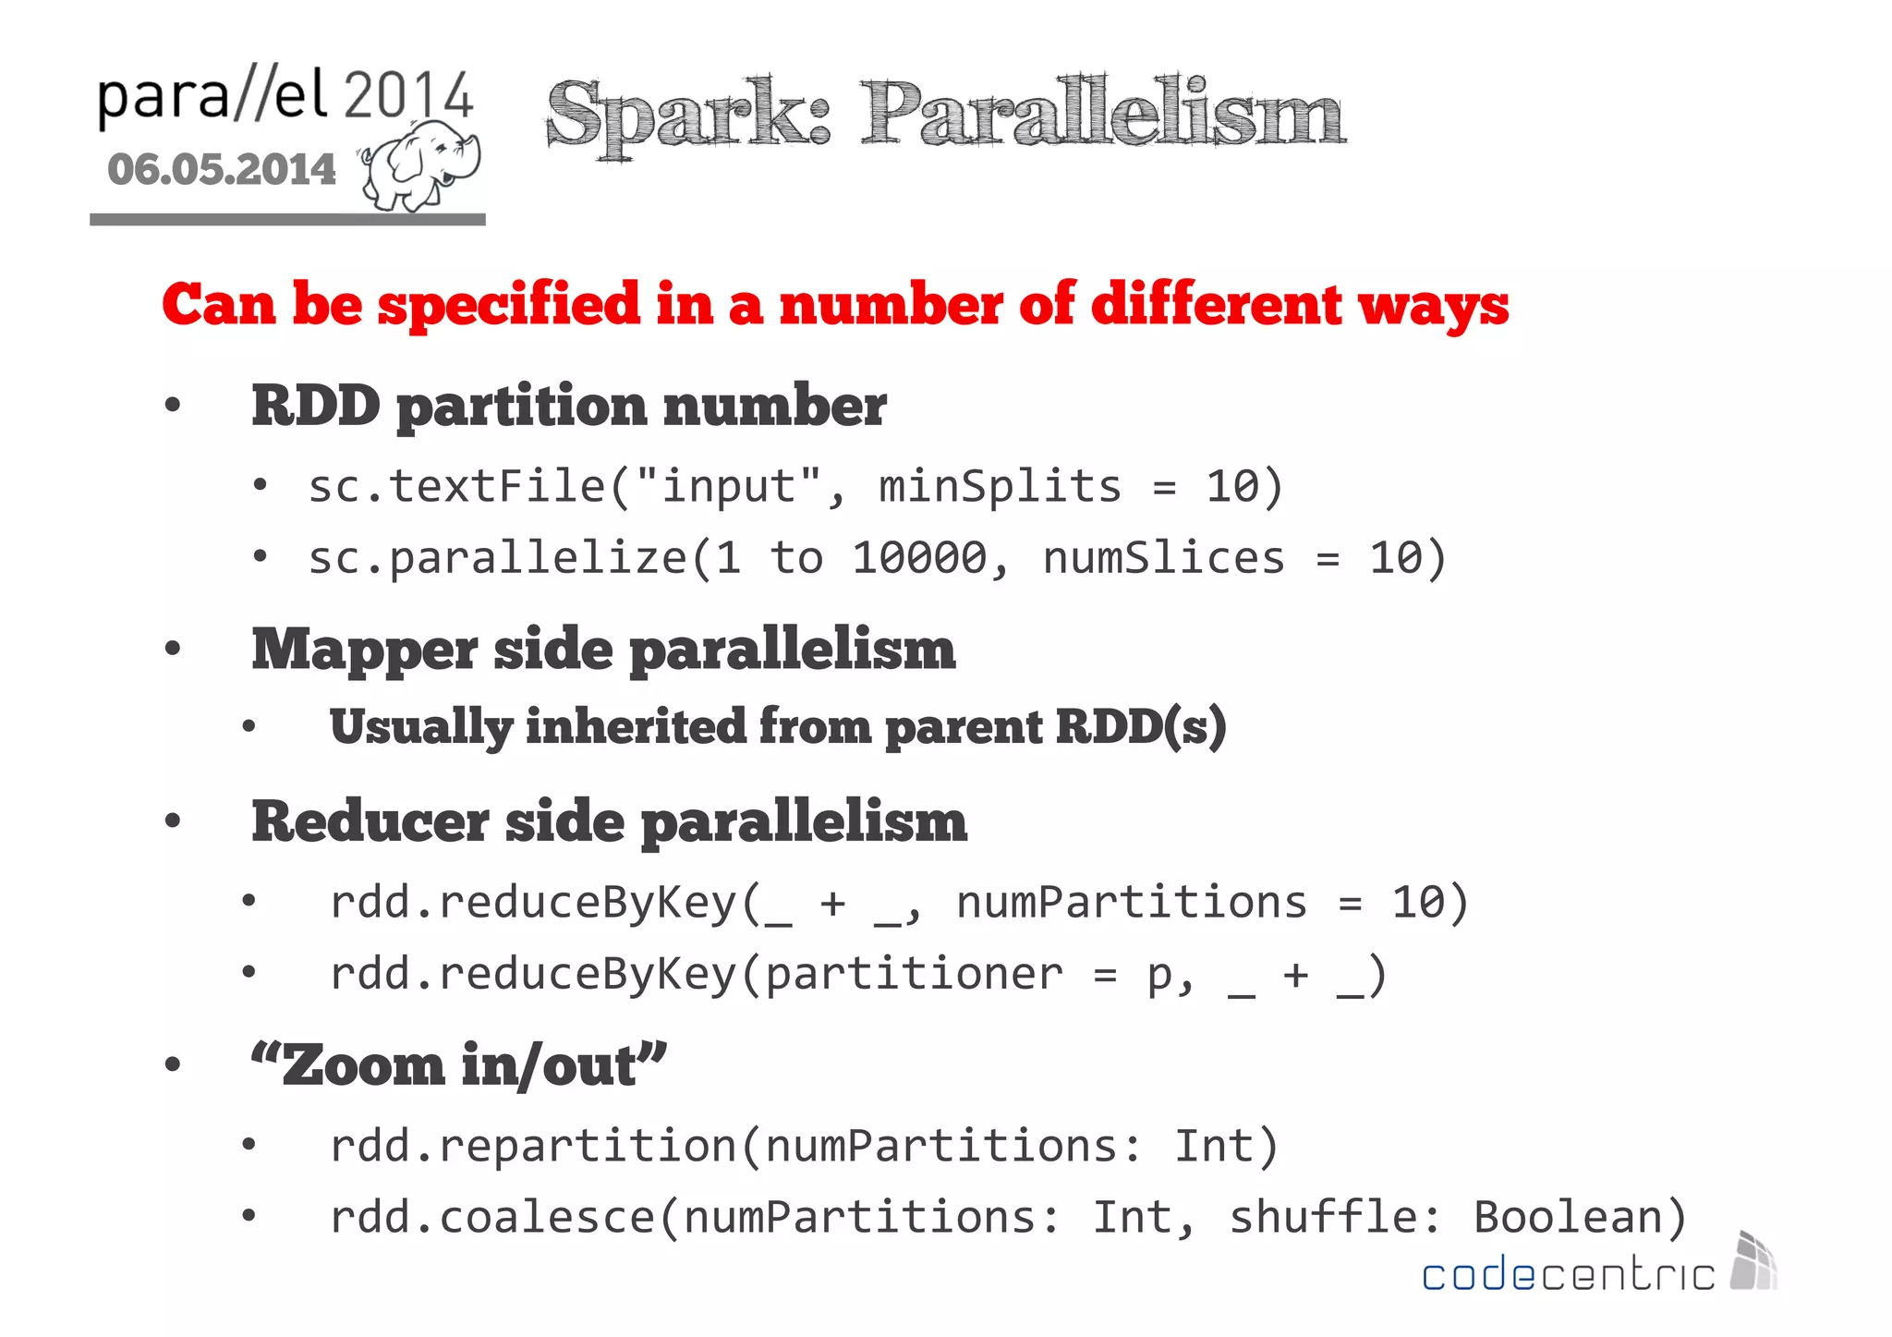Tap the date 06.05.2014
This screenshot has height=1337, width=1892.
point(222,170)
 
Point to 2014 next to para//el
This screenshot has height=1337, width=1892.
point(408,95)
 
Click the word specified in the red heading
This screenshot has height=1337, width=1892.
point(508,305)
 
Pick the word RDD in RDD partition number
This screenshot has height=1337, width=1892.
point(315,406)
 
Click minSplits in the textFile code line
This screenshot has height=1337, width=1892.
point(1000,486)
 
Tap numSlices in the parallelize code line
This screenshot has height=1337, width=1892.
point(1163,558)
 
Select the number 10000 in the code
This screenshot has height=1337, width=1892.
point(919,558)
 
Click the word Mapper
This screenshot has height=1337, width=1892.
point(364,650)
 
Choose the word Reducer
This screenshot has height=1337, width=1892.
point(370,821)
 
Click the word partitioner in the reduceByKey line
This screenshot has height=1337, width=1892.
point(915,974)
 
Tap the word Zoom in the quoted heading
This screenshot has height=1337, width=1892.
point(364,1065)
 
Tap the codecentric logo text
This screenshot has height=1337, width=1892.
point(1568,1275)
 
